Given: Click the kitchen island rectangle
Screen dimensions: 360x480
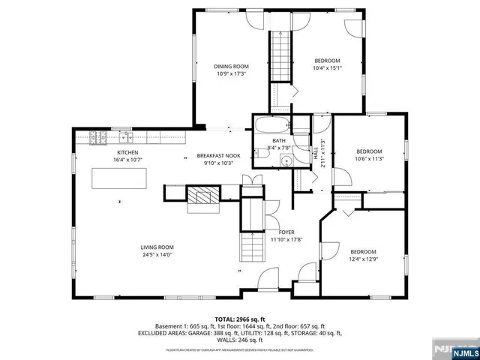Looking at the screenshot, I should [119, 179].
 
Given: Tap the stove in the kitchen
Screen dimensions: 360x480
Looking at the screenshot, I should [97, 137].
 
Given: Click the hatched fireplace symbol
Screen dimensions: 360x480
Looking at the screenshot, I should [200, 197].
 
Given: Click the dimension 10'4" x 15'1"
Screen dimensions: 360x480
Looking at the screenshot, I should [327, 68].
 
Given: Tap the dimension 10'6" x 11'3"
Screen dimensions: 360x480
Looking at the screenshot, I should [369, 158].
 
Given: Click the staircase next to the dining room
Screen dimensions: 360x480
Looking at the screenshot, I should [280, 52].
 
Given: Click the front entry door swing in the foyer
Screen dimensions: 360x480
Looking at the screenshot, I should [267, 281].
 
